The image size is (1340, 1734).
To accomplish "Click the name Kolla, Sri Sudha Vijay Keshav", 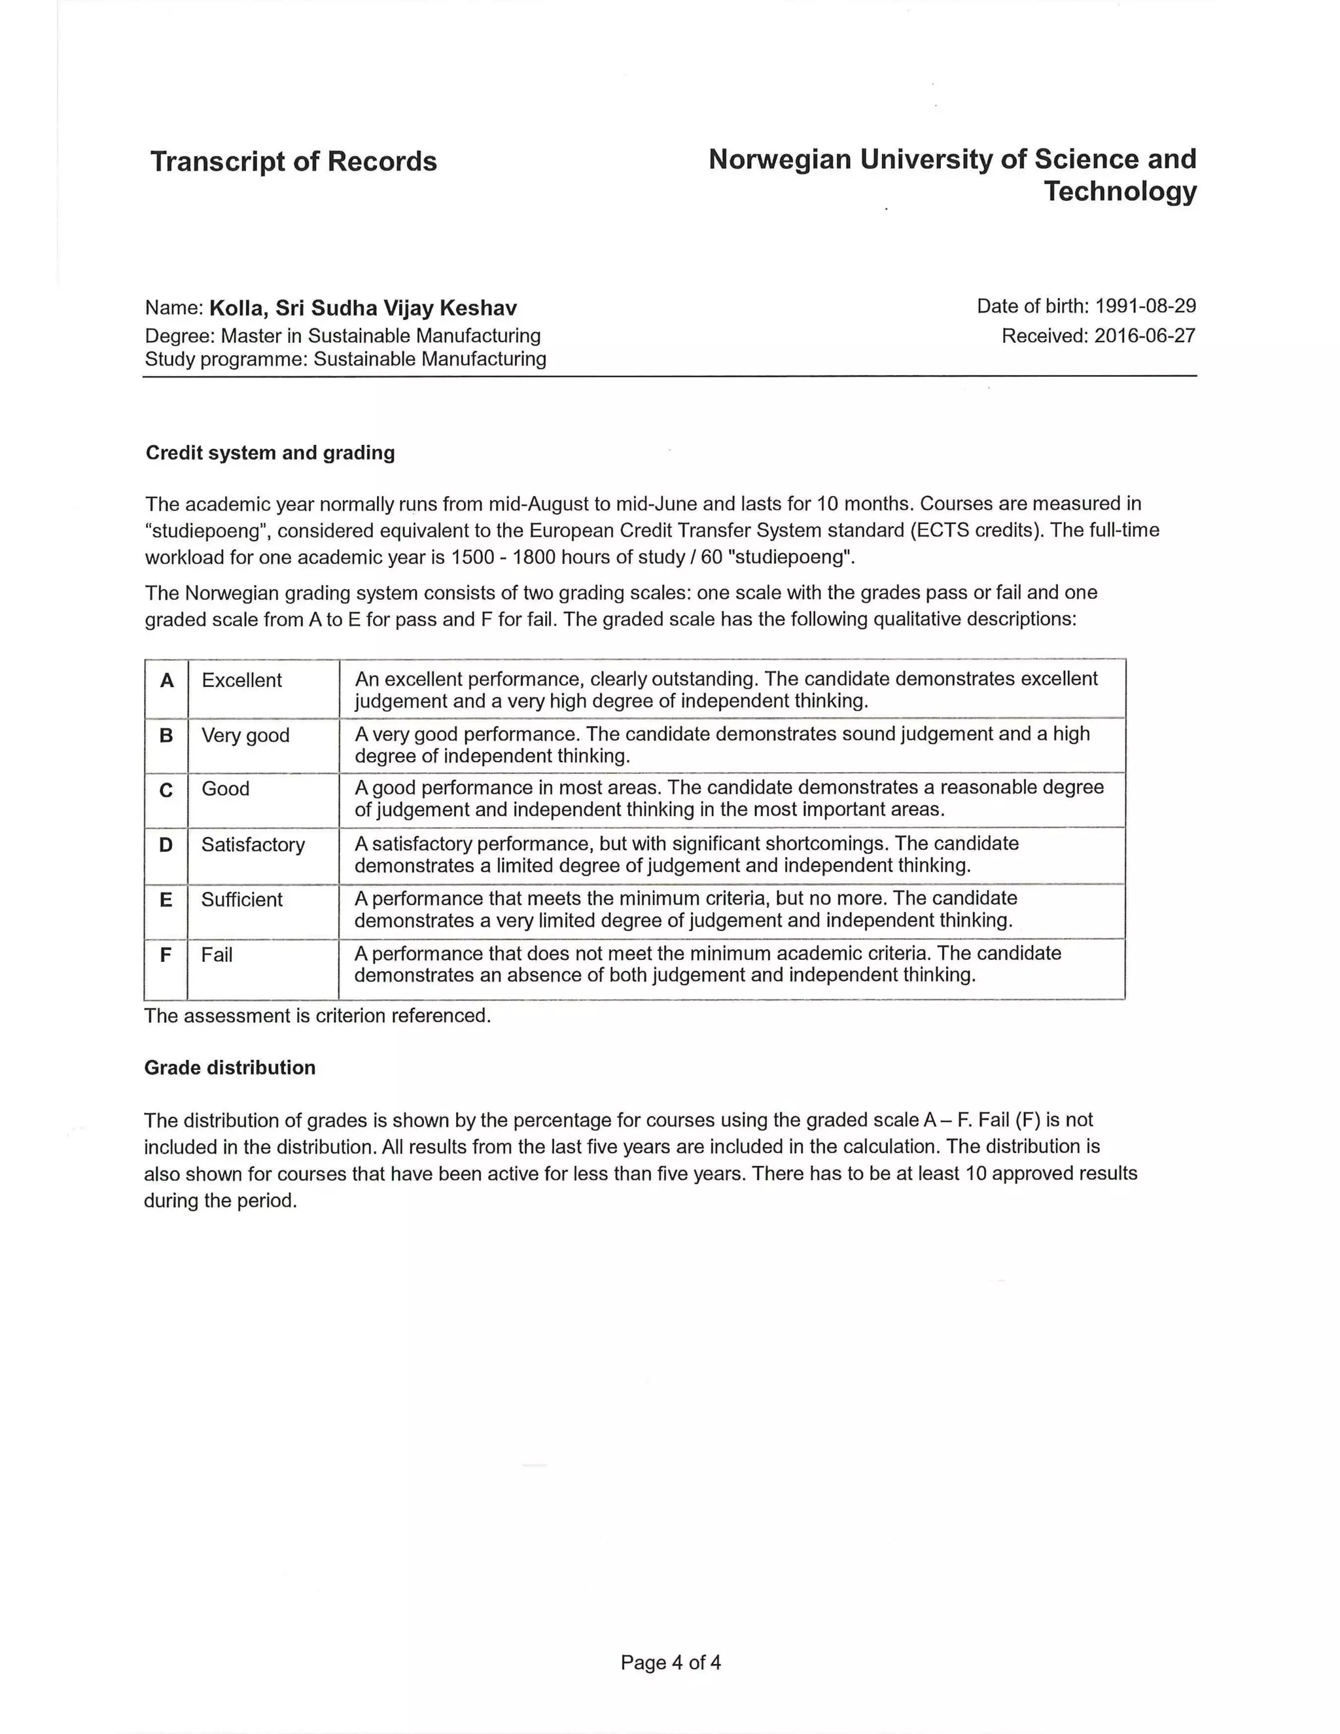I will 362,308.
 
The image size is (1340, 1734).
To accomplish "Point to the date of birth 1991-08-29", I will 1145,306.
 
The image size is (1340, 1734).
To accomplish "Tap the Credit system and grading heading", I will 270,453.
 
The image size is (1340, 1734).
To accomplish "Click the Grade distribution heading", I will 230,1067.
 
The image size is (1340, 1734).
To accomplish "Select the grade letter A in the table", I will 167,681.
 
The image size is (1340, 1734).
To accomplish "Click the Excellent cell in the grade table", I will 241,681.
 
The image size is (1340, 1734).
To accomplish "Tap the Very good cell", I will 245,735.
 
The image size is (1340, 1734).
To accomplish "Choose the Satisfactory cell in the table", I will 253,844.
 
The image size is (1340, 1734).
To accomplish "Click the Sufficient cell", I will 241,900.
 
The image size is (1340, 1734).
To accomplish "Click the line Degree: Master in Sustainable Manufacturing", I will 342,336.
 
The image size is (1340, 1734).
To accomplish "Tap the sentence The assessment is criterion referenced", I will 317,1016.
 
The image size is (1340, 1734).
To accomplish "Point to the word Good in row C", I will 226,788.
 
